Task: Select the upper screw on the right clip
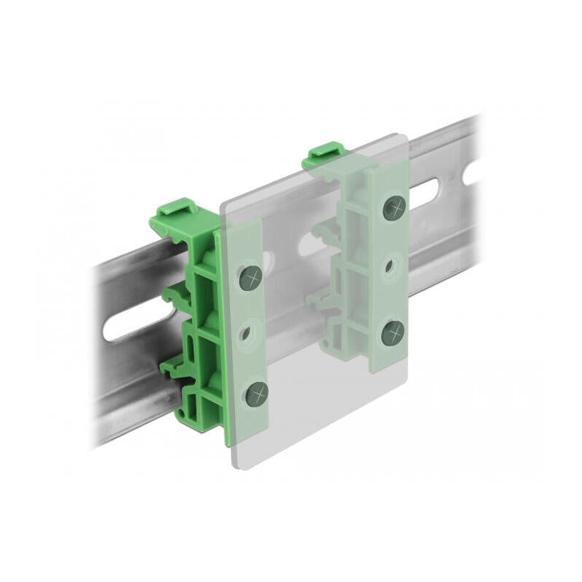(393, 209)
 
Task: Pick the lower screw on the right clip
(394, 333)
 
